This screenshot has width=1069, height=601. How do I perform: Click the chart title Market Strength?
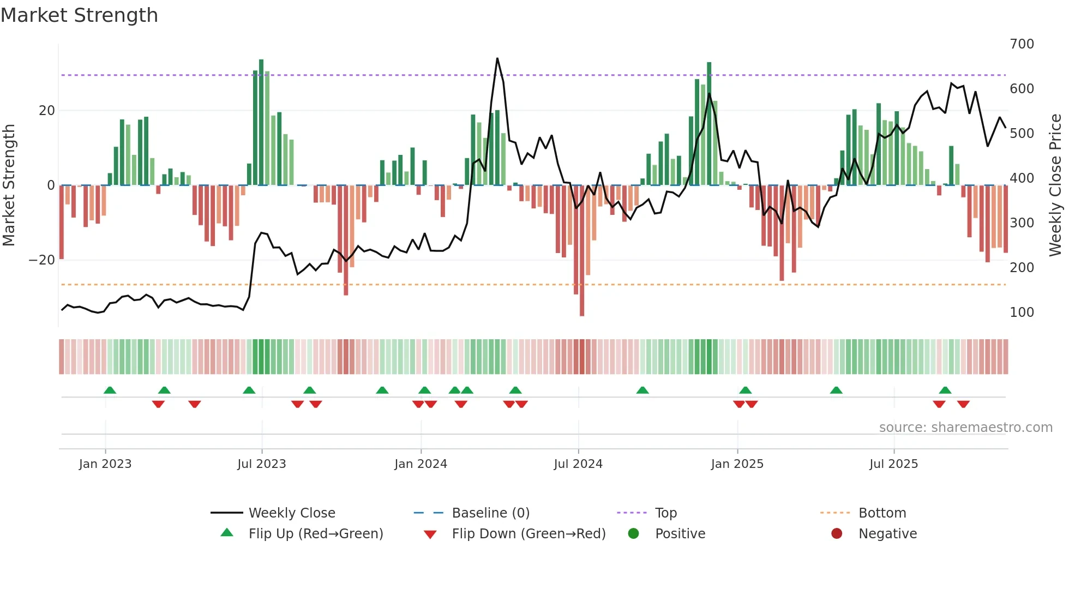coord(79,15)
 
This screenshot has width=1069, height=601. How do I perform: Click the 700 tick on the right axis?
coord(1022,44)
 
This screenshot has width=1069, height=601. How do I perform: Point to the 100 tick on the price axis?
coord(1022,312)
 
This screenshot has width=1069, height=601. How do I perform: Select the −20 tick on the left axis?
coord(42,260)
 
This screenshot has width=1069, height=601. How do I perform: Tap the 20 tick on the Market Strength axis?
coord(47,111)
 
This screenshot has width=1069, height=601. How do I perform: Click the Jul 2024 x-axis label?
coord(578,464)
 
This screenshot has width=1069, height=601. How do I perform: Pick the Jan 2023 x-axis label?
coord(105,464)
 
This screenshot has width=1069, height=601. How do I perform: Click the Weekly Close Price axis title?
coord(1055,185)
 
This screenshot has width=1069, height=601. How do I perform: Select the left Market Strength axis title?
coord(9,185)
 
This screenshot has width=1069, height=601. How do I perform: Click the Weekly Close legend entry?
coord(291,513)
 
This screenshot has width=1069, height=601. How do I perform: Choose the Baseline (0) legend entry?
coord(490,513)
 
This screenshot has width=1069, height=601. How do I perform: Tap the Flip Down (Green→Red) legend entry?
coord(528,534)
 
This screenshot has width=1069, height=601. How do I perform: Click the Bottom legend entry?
coord(882,513)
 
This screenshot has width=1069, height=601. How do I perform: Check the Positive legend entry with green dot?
coord(680,534)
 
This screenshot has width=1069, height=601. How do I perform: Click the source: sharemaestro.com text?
coord(965,428)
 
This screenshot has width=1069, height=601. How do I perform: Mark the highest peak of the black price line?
coord(497,59)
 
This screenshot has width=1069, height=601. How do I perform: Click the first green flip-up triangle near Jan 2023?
coord(110,390)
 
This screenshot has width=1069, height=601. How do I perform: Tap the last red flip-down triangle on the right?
coord(963,404)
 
